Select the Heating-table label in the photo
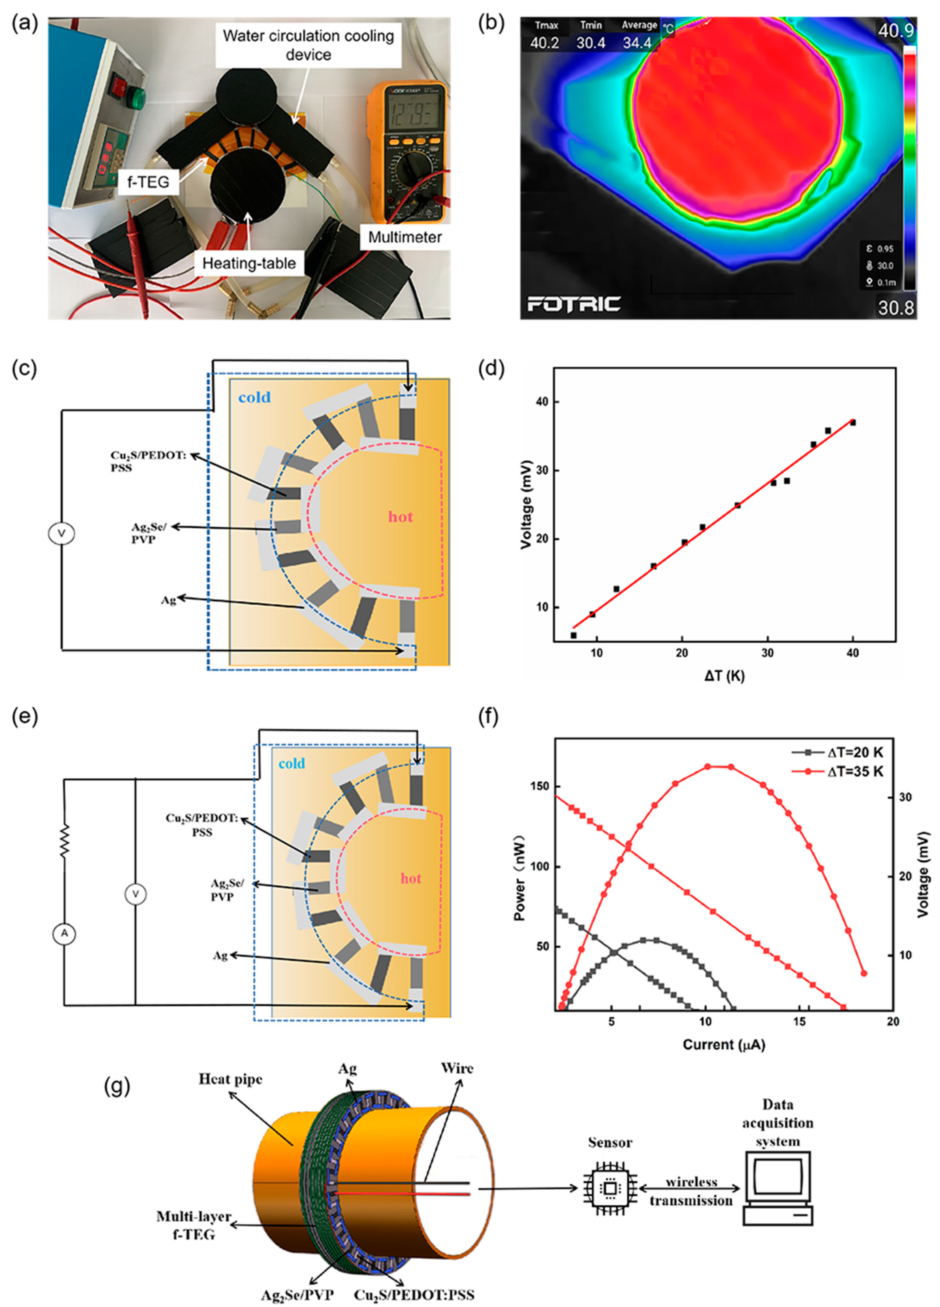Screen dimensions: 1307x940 point(249,263)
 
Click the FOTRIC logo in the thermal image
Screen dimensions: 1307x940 point(574,304)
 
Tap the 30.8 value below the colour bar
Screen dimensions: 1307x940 point(896,308)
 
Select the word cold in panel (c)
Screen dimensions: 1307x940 point(254,397)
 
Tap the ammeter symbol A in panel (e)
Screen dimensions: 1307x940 point(65,933)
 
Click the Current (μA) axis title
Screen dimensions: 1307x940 point(724,1044)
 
